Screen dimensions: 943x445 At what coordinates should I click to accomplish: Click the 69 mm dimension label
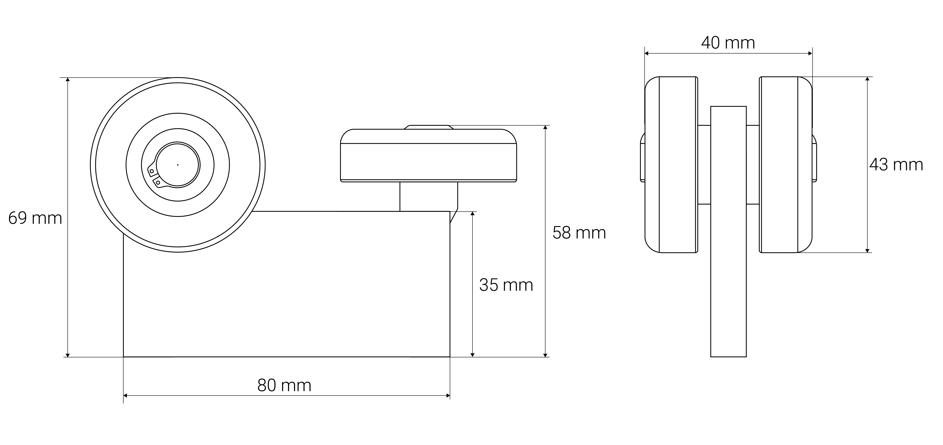click(35, 218)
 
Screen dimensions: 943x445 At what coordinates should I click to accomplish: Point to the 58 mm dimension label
click(579, 233)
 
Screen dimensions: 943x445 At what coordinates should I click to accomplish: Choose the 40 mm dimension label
click(728, 43)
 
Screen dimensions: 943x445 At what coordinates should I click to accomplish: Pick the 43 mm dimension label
click(896, 165)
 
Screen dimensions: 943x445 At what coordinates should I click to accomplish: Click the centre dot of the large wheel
click(178, 165)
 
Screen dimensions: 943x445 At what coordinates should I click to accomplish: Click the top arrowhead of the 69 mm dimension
click(68, 79)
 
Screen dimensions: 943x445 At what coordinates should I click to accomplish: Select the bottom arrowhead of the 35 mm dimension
click(472, 355)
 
